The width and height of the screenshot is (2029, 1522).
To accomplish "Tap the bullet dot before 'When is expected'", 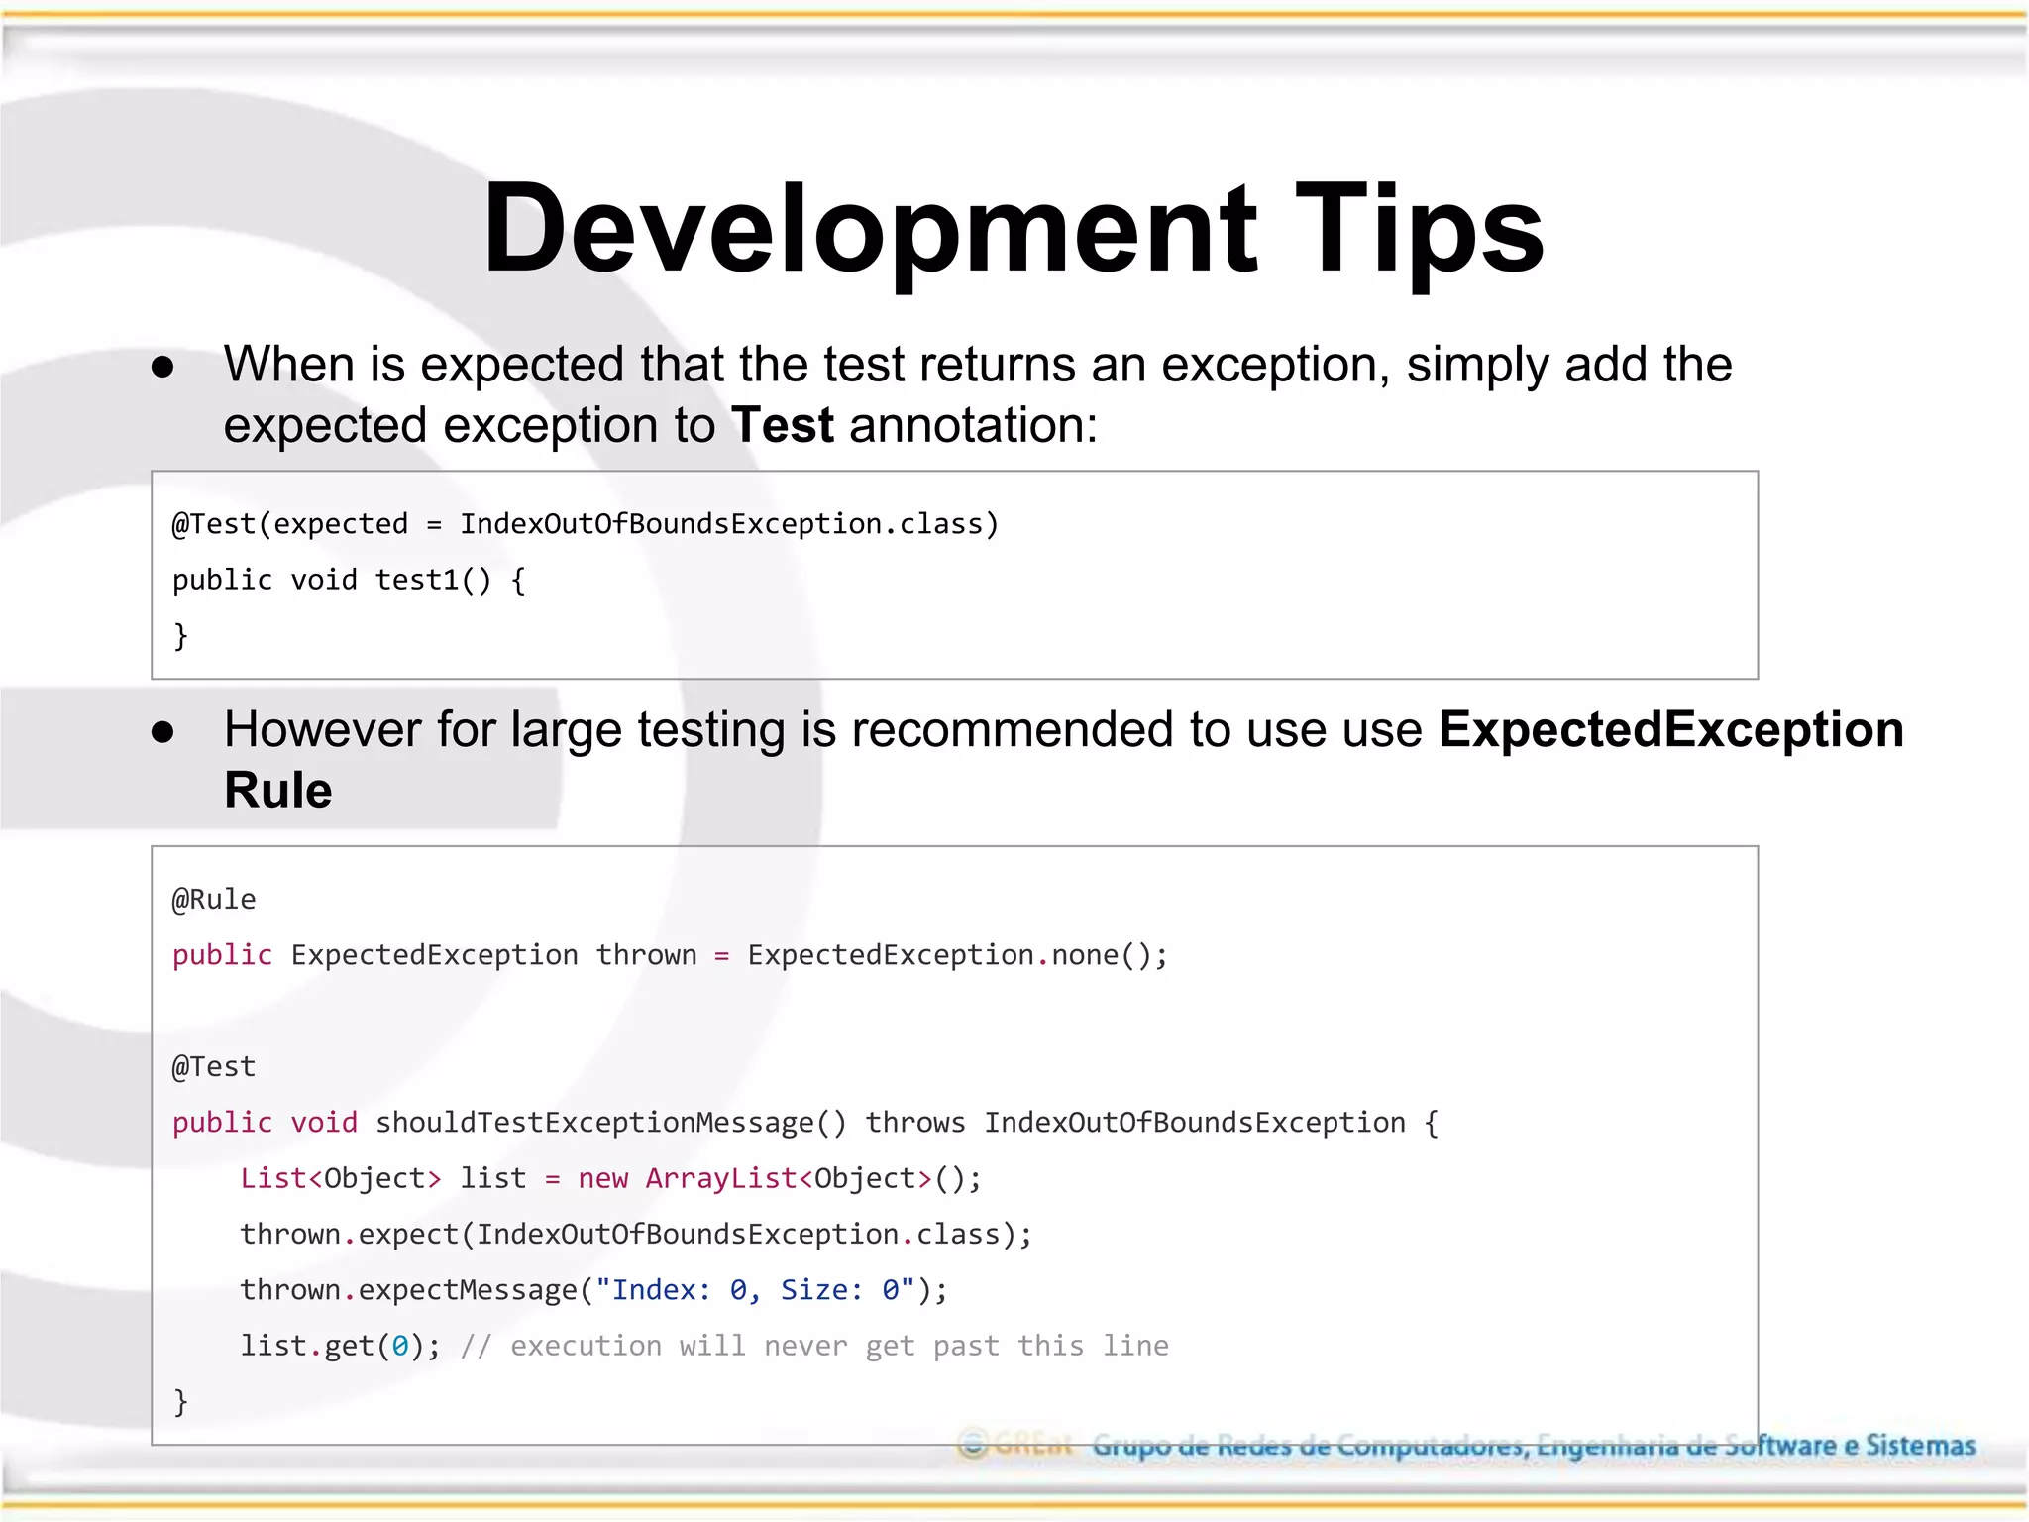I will (x=162, y=368).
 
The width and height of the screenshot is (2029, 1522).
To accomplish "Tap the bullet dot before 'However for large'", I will (x=162, y=733).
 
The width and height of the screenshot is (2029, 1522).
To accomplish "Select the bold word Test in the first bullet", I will (x=782, y=425).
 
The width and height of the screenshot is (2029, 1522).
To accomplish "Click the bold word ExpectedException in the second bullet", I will (x=1670, y=730).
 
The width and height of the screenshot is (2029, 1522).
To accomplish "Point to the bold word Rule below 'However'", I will (x=277, y=791).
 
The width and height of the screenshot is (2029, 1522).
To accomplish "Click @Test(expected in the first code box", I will (x=289, y=523).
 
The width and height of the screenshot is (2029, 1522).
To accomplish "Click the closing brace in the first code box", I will (x=180, y=635).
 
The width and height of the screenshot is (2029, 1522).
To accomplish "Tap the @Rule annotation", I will (x=214, y=900).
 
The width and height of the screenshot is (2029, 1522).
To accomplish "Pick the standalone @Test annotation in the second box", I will (x=214, y=1067).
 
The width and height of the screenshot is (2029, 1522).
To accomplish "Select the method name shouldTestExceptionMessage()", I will (x=610, y=1123).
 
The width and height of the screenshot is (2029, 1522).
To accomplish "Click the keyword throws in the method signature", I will (x=914, y=1123).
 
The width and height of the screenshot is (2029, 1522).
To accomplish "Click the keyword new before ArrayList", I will (x=602, y=1178).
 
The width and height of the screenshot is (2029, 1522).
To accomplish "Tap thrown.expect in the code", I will (x=348, y=1235).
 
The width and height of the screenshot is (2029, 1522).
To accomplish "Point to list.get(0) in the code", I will (x=333, y=1346).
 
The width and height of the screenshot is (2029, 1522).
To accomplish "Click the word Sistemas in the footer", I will (x=1920, y=1446).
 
